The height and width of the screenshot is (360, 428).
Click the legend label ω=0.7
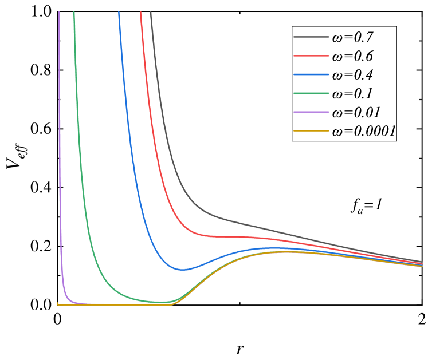click(352, 38)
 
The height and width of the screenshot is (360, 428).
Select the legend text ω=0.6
click(352, 56)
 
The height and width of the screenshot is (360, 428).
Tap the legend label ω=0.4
click(352, 75)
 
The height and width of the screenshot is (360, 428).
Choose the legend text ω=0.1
click(352, 94)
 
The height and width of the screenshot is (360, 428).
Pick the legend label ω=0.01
click(356, 113)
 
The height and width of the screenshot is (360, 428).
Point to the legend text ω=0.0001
click(364, 132)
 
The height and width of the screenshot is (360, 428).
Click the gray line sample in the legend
click(311, 38)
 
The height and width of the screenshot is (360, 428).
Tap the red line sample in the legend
click(311, 56)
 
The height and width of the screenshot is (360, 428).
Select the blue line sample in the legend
click(311, 75)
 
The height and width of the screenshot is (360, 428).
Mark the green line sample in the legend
click(311, 94)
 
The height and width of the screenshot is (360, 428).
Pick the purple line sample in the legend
click(311, 113)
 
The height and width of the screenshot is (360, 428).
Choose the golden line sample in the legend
click(311, 132)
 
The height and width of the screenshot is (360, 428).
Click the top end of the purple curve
click(59, 12)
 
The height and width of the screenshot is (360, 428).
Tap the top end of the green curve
click(74, 12)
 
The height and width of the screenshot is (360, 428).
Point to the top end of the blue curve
click(119, 12)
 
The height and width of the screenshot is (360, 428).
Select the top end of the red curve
click(141, 12)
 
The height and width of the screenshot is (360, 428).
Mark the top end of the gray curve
click(151, 12)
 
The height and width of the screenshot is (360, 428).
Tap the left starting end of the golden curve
click(58, 304)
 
